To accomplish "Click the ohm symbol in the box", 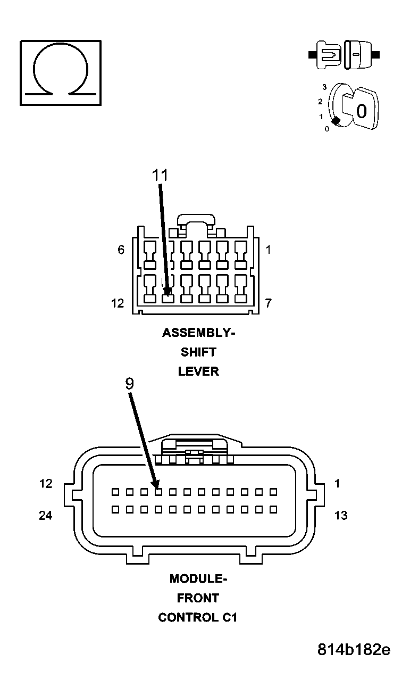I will (x=60, y=72).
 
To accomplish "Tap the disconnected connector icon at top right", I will (x=344, y=55).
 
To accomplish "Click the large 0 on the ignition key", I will (x=361, y=111).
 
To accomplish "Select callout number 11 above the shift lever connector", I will (x=160, y=176).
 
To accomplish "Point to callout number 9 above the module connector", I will (x=130, y=384).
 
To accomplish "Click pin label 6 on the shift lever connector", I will (x=121, y=250).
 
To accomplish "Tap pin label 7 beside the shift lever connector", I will (x=269, y=303).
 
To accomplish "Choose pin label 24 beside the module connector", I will (x=46, y=515).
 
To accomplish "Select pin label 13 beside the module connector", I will (x=340, y=515).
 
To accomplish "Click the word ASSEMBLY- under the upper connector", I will (x=198, y=333).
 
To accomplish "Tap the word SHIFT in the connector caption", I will (x=198, y=352).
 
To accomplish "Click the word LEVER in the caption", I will (x=198, y=371).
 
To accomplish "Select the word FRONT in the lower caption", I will (x=198, y=598).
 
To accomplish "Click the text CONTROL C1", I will (x=198, y=617).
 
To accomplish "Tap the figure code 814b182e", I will (x=354, y=650).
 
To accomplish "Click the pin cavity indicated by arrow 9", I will (x=158, y=492).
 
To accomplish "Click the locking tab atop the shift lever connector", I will (x=196, y=220).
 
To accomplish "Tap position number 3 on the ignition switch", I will (x=324, y=87).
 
